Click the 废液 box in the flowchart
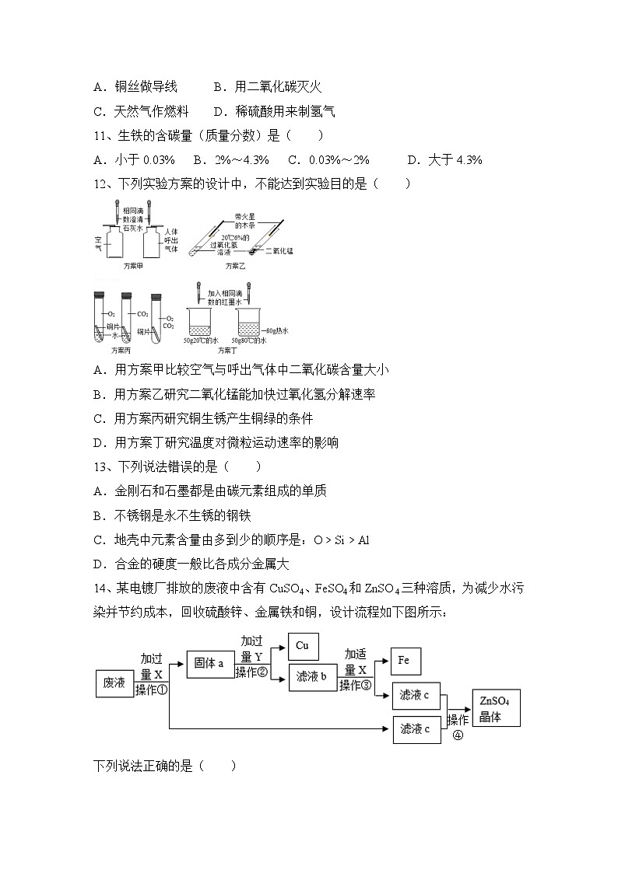coord(114,683)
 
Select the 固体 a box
coord(210,664)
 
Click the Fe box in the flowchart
coord(404,661)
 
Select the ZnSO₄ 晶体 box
coord(495,709)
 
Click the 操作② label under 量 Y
coord(251,672)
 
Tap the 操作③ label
coord(356,685)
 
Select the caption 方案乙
coord(235,266)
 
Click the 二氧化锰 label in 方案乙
coord(279,251)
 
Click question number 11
coord(101,136)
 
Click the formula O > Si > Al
coord(341,540)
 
